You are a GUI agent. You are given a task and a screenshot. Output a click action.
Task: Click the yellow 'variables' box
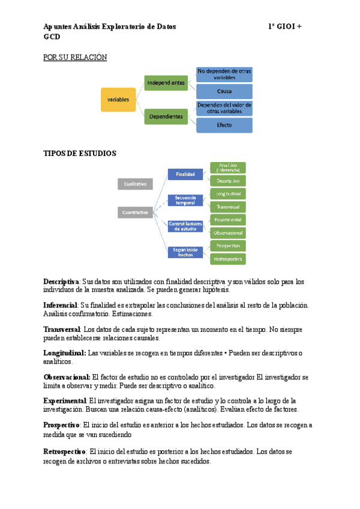point(118,100)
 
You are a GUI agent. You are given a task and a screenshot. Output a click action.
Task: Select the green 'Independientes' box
point(166,83)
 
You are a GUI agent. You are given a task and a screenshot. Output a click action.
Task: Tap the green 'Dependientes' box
point(166,116)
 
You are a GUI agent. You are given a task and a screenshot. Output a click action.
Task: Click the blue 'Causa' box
point(224,91)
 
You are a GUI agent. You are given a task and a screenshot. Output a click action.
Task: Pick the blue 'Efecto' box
point(224,125)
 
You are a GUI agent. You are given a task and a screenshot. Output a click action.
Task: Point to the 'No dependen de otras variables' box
point(224,74)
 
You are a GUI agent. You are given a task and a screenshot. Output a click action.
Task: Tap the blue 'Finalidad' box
point(185,174)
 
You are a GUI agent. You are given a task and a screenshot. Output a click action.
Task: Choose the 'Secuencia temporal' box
point(185,200)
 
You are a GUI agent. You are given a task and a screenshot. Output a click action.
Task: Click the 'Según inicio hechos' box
point(185,252)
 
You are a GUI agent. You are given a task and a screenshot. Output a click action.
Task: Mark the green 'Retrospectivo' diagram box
point(227,259)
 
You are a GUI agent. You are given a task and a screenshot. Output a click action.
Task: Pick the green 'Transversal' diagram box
point(227,206)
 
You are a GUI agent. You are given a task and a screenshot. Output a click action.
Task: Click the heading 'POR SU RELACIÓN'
point(75,58)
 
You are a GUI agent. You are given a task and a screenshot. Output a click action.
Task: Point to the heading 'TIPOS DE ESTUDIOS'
point(80,154)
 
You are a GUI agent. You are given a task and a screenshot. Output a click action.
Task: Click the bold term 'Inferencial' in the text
point(61,306)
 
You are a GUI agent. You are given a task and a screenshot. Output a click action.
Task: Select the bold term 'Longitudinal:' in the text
point(65,354)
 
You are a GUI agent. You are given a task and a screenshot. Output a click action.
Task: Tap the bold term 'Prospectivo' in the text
point(61,425)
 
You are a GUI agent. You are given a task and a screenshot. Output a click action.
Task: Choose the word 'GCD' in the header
point(52,37)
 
